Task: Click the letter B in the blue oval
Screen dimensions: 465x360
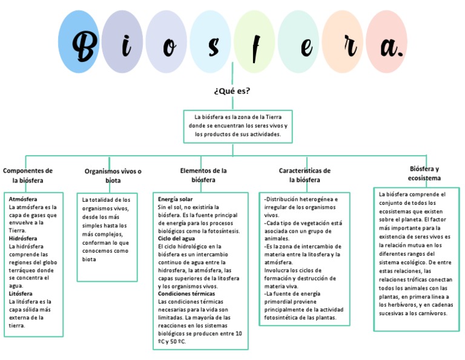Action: (x=85, y=44)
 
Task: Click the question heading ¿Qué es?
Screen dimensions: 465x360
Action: (x=232, y=91)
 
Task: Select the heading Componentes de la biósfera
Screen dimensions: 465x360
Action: (x=28, y=176)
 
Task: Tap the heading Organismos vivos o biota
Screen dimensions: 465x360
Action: (x=113, y=176)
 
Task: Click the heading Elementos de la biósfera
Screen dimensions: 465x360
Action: (x=203, y=175)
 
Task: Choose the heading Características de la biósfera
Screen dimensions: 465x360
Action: (x=305, y=175)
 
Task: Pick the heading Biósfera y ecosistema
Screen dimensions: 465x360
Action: (x=424, y=173)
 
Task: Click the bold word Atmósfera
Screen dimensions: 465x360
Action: (x=23, y=199)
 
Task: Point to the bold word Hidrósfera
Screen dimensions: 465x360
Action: (x=23, y=239)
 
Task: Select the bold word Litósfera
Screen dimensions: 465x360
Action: (x=21, y=294)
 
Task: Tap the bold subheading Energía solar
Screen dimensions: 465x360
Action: (x=175, y=199)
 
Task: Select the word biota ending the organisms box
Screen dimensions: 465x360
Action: (x=90, y=259)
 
